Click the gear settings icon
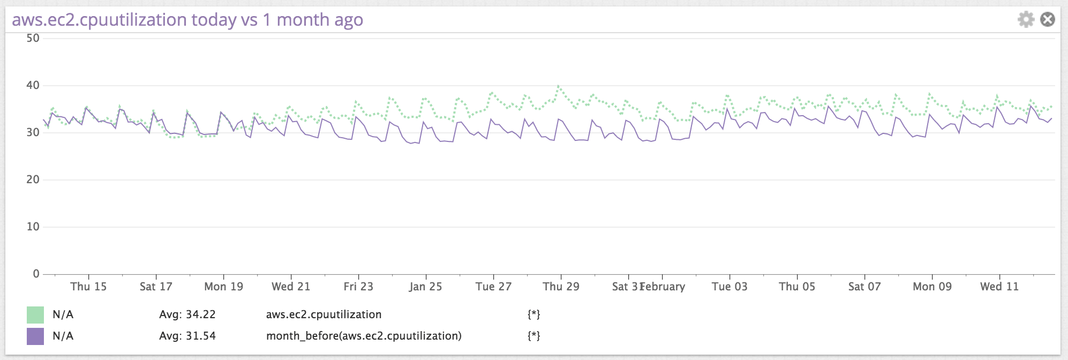coord(1026,20)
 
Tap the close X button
coord(1048,20)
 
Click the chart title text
coord(187,20)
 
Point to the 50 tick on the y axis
coord(33,38)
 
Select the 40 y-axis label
coord(33,85)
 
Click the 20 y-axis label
coord(33,179)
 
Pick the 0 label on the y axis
coord(36,274)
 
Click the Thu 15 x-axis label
coord(88,287)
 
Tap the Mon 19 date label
coord(224,287)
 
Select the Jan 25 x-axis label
coord(426,287)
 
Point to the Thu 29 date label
coord(561,287)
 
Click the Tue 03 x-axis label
coord(729,287)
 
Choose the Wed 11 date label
coord(999,287)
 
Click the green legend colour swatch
coord(35,315)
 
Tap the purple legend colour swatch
coord(35,336)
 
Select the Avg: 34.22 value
coord(187,315)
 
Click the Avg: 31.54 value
coord(187,336)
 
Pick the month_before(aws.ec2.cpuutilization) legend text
coord(364,336)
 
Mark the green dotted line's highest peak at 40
coord(558,86)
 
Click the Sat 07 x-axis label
coord(864,287)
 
